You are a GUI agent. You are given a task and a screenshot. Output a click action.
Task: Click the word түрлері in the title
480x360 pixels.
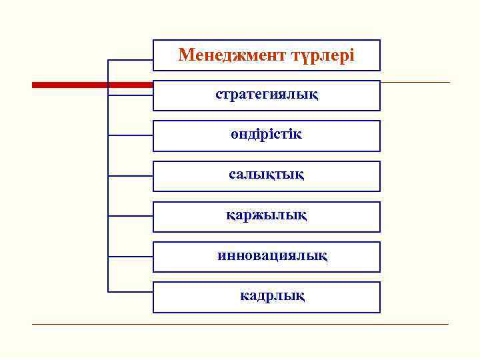click(x=321, y=55)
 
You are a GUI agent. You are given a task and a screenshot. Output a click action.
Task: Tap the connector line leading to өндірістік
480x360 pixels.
click(x=131, y=135)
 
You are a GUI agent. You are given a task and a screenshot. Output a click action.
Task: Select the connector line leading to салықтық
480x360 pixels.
click(x=131, y=176)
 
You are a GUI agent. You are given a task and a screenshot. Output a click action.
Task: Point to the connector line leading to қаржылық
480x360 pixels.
click(x=131, y=216)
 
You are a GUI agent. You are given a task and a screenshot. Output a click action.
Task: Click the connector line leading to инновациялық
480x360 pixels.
click(x=131, y=257)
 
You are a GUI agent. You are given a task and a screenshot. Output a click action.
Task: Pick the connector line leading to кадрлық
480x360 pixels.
click(x=131, y=291)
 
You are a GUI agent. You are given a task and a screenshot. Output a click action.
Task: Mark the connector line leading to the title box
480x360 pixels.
click(x=131, y=61)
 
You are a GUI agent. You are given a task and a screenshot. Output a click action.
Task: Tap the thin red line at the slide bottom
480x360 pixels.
click(x=240, y=324)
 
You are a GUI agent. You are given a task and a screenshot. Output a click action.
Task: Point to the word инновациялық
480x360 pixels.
click(x=273, y=255)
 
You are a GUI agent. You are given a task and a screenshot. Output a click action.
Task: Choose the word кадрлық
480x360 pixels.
click(x=273, y=295)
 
